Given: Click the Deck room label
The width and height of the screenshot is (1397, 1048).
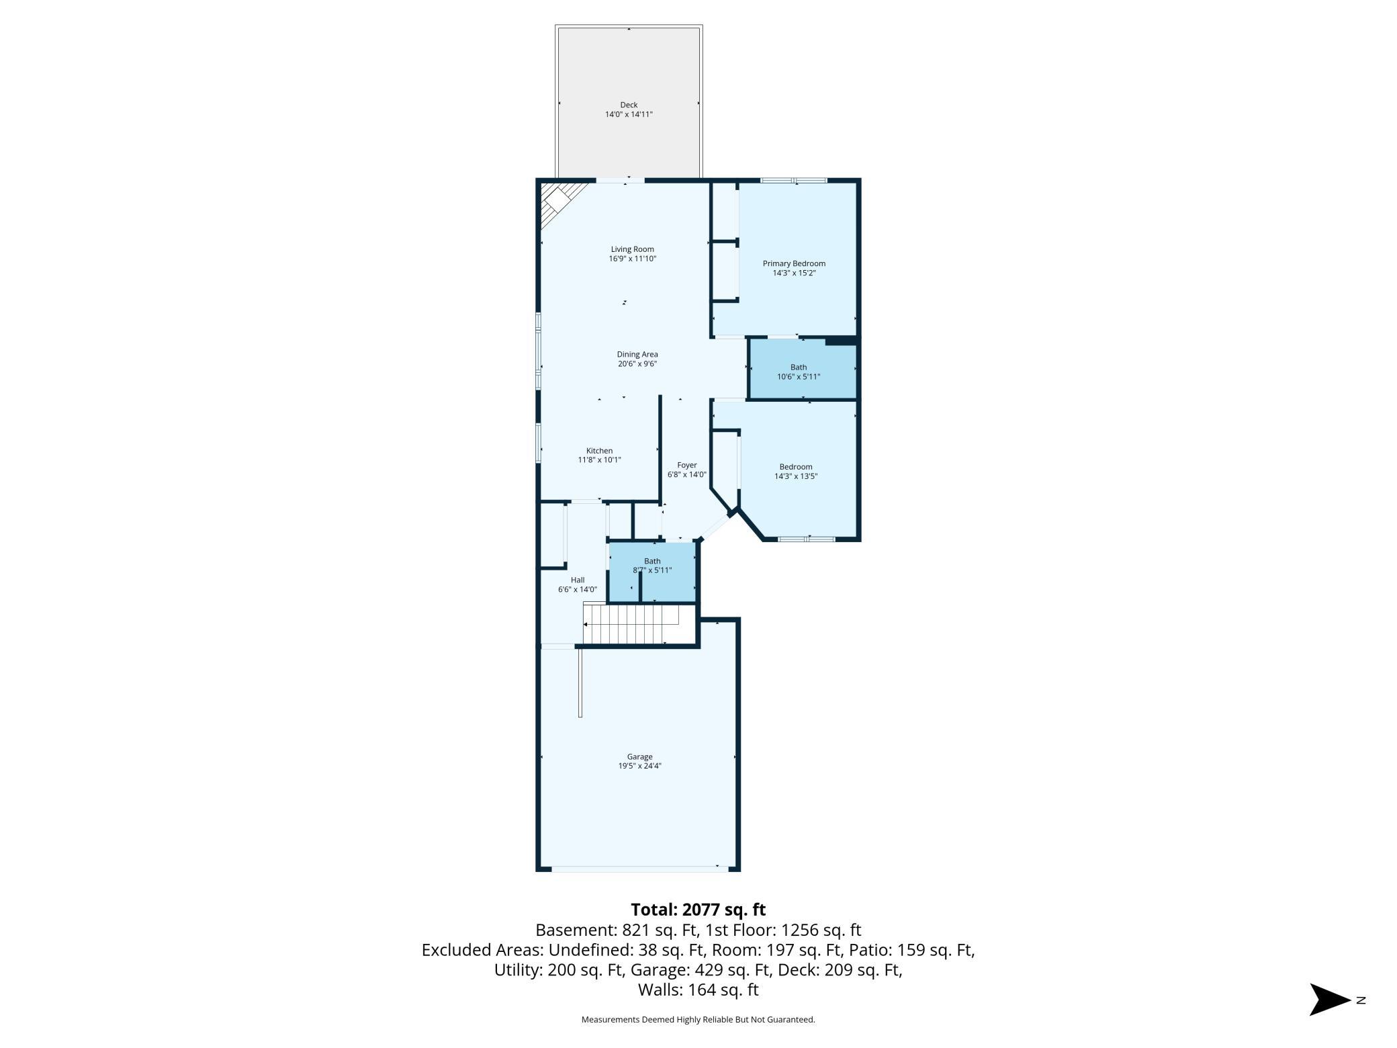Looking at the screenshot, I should click(x=629, y=105).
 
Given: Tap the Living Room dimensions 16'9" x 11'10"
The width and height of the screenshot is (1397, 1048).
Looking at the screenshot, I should click(x=632, y=259).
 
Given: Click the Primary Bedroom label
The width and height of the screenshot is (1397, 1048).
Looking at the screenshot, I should click(x=794, y=263).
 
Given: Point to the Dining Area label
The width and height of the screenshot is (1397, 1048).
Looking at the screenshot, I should click(x=637, y=354).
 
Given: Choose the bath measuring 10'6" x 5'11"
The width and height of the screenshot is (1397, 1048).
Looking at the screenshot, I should click(x=799, y=372).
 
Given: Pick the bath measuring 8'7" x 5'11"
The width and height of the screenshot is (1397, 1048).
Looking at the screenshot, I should click(x=652, y=566).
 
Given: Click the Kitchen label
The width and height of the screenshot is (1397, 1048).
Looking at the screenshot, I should click(x=599, y=451).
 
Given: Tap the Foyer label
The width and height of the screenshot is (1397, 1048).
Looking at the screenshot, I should click(x=686, y=465).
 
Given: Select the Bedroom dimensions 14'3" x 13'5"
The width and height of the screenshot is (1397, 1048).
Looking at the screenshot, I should click(x=795, y=476).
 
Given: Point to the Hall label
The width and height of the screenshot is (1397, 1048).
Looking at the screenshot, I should click(x=578, y=580).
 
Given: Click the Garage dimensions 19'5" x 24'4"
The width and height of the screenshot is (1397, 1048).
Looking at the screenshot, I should click(x=639, y=766).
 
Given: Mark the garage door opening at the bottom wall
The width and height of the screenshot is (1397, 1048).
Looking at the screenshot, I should click(x=639, y=869).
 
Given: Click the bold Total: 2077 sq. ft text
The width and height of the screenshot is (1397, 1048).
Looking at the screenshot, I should click(x=698, y=910).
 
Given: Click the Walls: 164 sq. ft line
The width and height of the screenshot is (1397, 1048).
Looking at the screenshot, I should click(x=698, y=990).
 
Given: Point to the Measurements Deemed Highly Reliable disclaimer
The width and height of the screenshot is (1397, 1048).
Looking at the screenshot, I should click(x=698, y=1020).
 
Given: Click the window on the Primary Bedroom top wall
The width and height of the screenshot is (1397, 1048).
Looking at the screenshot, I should click(x=793, y=180).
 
